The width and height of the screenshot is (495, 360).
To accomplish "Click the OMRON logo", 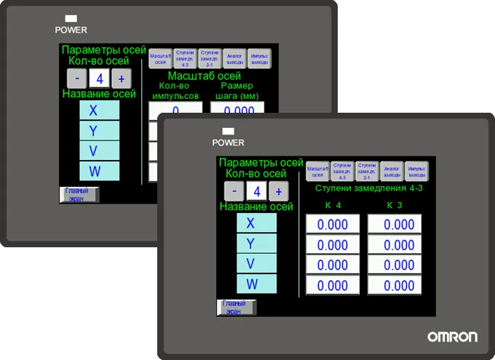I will (x=452, y=337).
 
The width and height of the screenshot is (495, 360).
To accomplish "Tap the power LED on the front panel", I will (x=228, y=132).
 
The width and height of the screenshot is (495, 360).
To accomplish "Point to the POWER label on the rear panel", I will (x=71, y=30).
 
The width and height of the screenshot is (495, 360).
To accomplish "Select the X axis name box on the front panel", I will (x=256, y=223).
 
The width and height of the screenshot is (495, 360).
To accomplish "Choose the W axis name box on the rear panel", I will (x=99, y=172).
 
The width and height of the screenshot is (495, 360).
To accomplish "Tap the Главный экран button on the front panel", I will (x=236, y=307).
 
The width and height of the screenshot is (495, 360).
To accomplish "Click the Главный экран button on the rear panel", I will (x=79, y=194).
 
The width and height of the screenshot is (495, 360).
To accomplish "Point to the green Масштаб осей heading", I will (x=205, y=76).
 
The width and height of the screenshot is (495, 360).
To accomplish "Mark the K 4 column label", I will (x=333, y=206).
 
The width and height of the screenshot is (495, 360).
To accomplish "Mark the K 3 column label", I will (x=395, y=206).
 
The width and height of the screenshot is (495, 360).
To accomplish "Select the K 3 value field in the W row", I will (x=395, y=285).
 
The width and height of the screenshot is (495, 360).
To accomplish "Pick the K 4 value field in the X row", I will (x=333, y=225).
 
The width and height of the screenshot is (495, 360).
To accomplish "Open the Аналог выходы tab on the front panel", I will (x=392, y=170).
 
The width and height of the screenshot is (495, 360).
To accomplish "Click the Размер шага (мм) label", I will (x=237, y=91).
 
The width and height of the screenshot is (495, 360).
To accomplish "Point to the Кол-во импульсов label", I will (x=174, y=91).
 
